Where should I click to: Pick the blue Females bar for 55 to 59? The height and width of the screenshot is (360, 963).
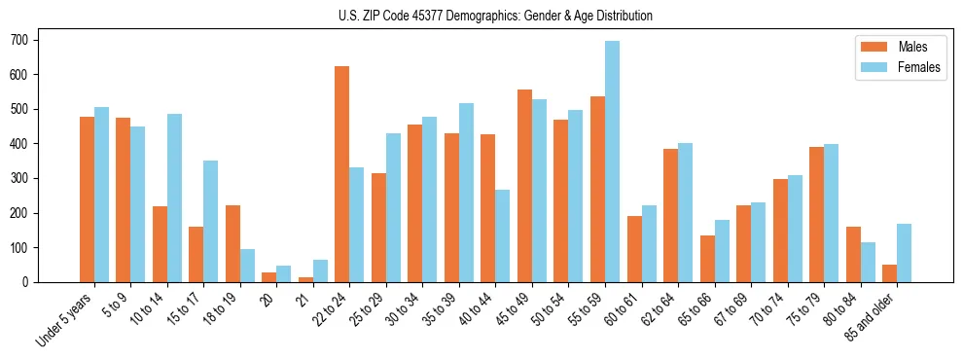point(612,162)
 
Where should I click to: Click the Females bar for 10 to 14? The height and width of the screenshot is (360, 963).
point(174,198)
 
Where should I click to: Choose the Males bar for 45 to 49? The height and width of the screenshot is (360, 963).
point(524,186)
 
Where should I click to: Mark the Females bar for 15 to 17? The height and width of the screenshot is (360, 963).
point(211,221)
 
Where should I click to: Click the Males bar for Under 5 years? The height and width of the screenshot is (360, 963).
point(87,199)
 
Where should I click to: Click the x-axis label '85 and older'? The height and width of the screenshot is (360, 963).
point(873,314)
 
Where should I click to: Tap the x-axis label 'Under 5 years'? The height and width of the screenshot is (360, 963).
point(66,317)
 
